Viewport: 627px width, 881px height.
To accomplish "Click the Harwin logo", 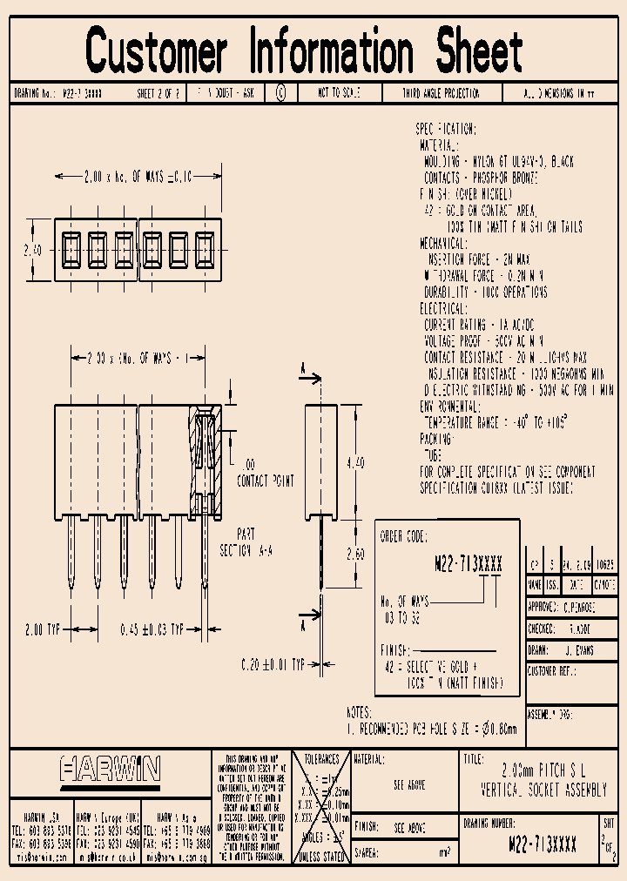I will (x=110, y=769).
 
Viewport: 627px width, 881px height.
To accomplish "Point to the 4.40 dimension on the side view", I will (x=356, y=464).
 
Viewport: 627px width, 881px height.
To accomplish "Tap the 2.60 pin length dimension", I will (x=356, y=555).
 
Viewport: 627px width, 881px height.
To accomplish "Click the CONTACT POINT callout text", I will (x=266, y=480).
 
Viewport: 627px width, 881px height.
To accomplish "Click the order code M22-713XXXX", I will (x=468, y=564).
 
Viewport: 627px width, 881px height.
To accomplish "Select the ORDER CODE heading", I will (x=404, y=537).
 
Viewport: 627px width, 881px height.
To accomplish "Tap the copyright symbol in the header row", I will (x=280, y=92).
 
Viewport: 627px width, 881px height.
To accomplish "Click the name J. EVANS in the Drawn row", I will (x=578, y=650).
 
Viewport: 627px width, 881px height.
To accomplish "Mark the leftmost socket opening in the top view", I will (x=71, y=249).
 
